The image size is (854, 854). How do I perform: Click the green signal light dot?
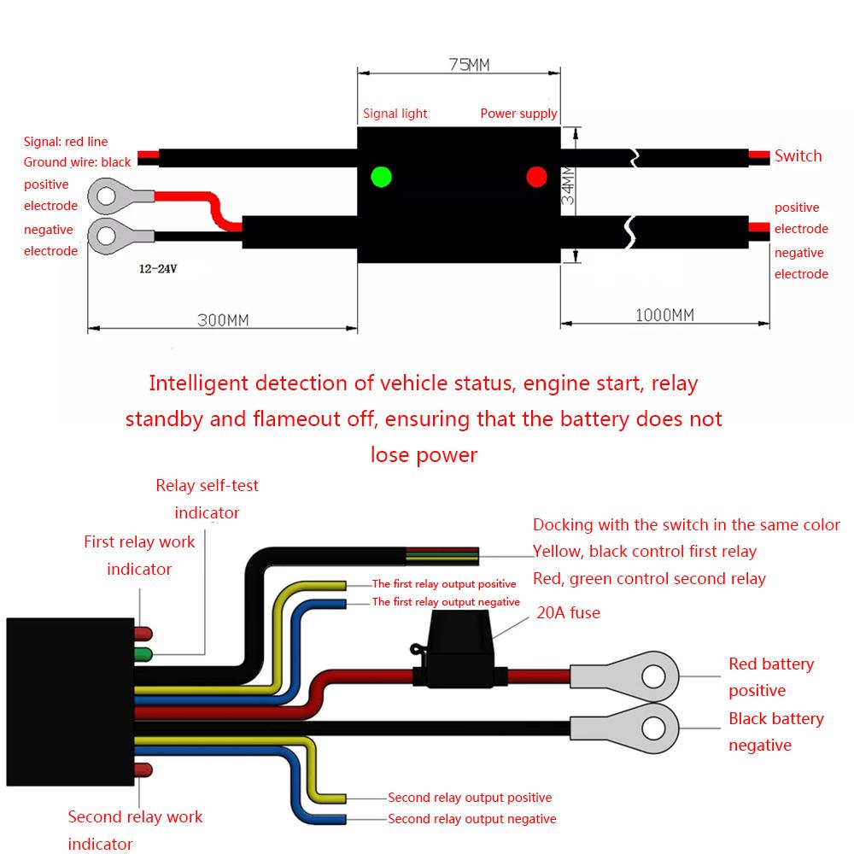(x=381, y=177)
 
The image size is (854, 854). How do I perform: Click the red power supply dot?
(x=536, y=177)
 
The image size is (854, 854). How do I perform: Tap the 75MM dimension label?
(x=462, y=65)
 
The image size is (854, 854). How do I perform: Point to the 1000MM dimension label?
(x=664, y=315)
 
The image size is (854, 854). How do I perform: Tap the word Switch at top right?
(x=798, y=155)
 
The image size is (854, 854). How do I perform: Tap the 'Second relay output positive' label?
(x=470, y=798)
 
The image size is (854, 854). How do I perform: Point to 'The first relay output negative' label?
(x=446, y=602)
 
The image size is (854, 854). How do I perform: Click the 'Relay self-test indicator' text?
(x=207, y=499)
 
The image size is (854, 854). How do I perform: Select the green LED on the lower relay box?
(x=143, y=655)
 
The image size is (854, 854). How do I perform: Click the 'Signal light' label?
(x=395, y=113)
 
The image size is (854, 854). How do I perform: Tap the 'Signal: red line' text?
(x=66, y=142)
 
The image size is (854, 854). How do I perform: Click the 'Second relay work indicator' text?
(x=135, y=830)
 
